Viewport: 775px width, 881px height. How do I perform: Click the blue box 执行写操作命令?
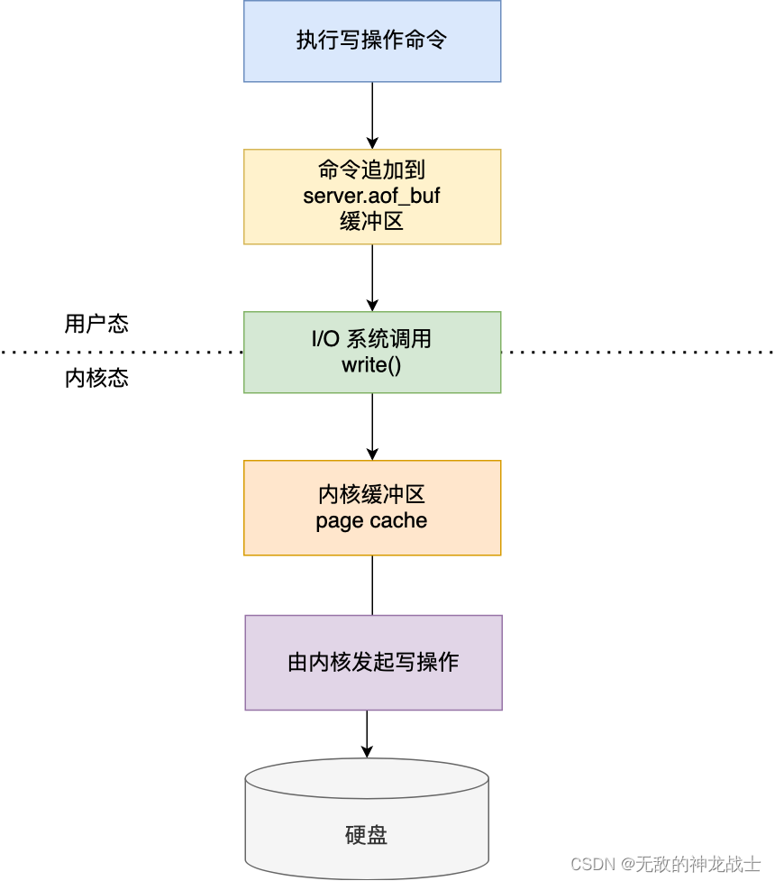[371, 41]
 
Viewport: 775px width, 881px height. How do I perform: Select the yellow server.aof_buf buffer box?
[371, 197]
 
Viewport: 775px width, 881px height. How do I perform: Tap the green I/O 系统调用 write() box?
[371, 352]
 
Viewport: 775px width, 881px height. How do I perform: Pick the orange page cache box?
[371, 508]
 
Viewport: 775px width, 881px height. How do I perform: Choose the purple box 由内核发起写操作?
[373, 663]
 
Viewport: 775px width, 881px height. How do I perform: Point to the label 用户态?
[96, 325]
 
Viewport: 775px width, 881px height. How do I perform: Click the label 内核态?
[96, 378]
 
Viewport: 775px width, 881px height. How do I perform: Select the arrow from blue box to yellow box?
[372, 115]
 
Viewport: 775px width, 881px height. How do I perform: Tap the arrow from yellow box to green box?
[372, 278]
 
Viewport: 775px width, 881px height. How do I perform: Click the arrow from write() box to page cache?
[372, 427]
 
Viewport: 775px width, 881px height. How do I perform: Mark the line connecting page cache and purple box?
[372, 585]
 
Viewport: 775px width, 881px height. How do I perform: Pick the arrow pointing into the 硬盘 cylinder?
[367, 733]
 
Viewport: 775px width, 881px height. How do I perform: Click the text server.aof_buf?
[371, 196]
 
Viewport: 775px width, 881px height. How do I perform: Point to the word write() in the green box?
[371, 364]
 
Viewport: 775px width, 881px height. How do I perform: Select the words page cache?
[371, 520]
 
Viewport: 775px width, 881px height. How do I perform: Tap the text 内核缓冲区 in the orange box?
[371, 495]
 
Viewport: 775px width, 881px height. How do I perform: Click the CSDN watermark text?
[665, 863]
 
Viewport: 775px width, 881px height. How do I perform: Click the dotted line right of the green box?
[635, 351]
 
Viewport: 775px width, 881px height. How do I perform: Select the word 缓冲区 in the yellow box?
[371, 221]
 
